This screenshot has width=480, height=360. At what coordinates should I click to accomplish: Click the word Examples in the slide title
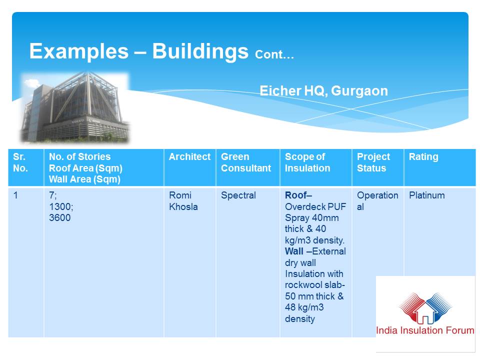79,51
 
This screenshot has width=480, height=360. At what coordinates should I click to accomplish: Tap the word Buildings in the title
200,51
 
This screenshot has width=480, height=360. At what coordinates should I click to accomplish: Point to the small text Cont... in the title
274,54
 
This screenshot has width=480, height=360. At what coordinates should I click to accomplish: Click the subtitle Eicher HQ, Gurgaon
323,91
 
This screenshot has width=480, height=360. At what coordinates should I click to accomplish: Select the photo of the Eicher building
75,107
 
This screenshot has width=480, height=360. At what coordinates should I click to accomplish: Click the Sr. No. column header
20,162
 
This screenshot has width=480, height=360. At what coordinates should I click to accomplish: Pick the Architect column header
190,156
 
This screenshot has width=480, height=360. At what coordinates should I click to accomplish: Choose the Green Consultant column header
246,162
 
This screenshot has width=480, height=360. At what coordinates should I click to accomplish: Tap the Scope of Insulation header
307,162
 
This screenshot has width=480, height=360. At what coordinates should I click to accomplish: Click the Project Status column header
373,162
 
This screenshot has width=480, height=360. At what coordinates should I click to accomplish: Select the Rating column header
423,157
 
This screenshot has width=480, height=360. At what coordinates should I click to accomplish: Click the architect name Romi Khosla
183,201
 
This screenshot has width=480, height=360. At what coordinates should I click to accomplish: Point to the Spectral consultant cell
238,195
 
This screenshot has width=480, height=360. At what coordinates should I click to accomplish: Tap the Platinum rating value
426,195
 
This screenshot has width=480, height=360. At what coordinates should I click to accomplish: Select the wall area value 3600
59,217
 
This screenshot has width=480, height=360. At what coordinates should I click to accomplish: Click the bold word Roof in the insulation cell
295,195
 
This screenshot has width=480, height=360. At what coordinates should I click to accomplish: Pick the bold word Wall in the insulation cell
294,251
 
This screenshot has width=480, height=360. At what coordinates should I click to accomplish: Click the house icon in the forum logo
425,311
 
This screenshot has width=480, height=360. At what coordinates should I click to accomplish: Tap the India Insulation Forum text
425,330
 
